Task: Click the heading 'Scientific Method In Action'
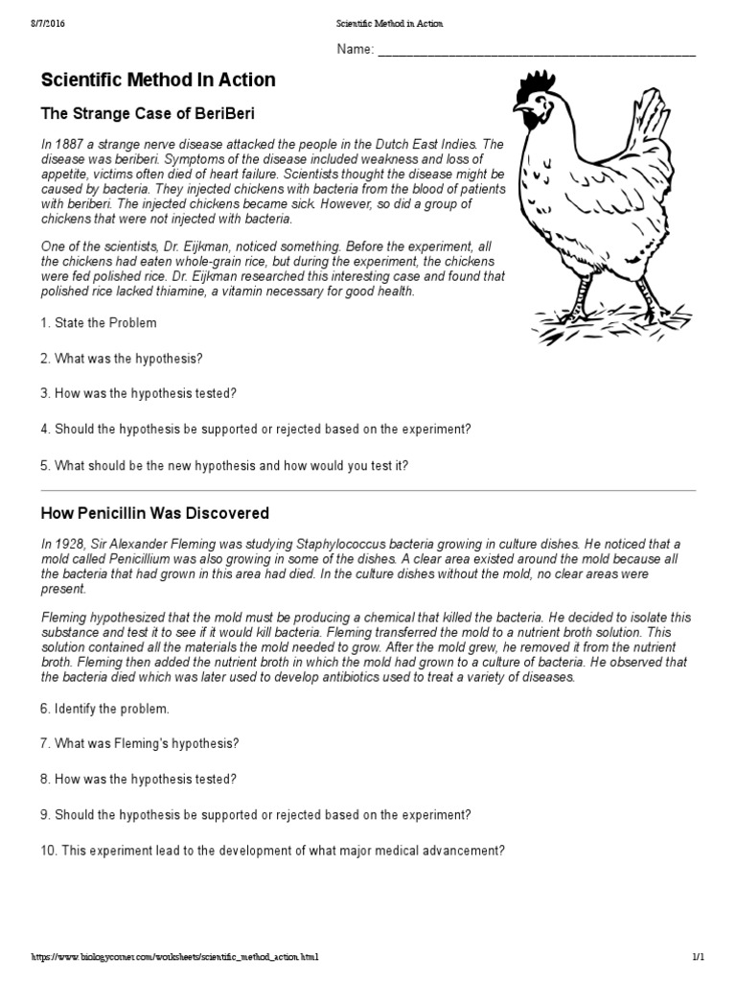pos(158,80)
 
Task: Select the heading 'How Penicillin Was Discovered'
pos(154,513)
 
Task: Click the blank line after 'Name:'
pos(537,51)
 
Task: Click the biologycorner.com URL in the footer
pos(174,957)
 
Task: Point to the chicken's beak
pos(517,107)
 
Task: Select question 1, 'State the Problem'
pos(99,323)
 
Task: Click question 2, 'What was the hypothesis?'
pos(122,358)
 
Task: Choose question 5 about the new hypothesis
pos(224,465)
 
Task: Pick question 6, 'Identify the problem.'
pos(105,709)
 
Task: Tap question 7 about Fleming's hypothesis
pos(140,743)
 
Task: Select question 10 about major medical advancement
pos(272,850)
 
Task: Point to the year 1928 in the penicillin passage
pos(68,544)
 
